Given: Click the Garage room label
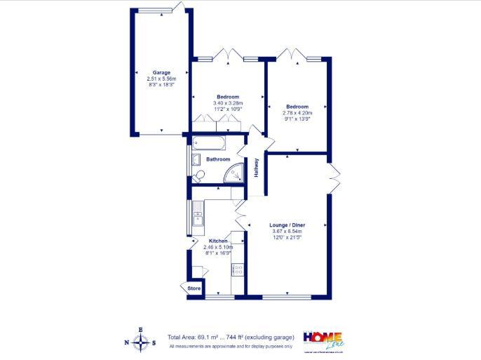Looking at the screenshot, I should coord(162,72).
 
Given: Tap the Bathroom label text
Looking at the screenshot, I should coord(218,159).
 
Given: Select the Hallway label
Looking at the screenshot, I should coord(257,166).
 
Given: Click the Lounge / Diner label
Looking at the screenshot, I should coord(287,225).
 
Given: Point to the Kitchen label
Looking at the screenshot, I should coord(218,241).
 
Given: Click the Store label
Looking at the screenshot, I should coord(194,288).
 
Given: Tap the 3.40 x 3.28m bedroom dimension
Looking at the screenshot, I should coord(227,103).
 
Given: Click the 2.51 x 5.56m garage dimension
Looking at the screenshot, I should coord(162,79).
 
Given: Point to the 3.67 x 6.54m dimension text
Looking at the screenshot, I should coord(287,232).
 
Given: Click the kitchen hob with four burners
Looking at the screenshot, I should coord(238,269).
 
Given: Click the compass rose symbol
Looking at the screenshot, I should coord(141,342).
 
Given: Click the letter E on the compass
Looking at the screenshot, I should coord(141,329).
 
